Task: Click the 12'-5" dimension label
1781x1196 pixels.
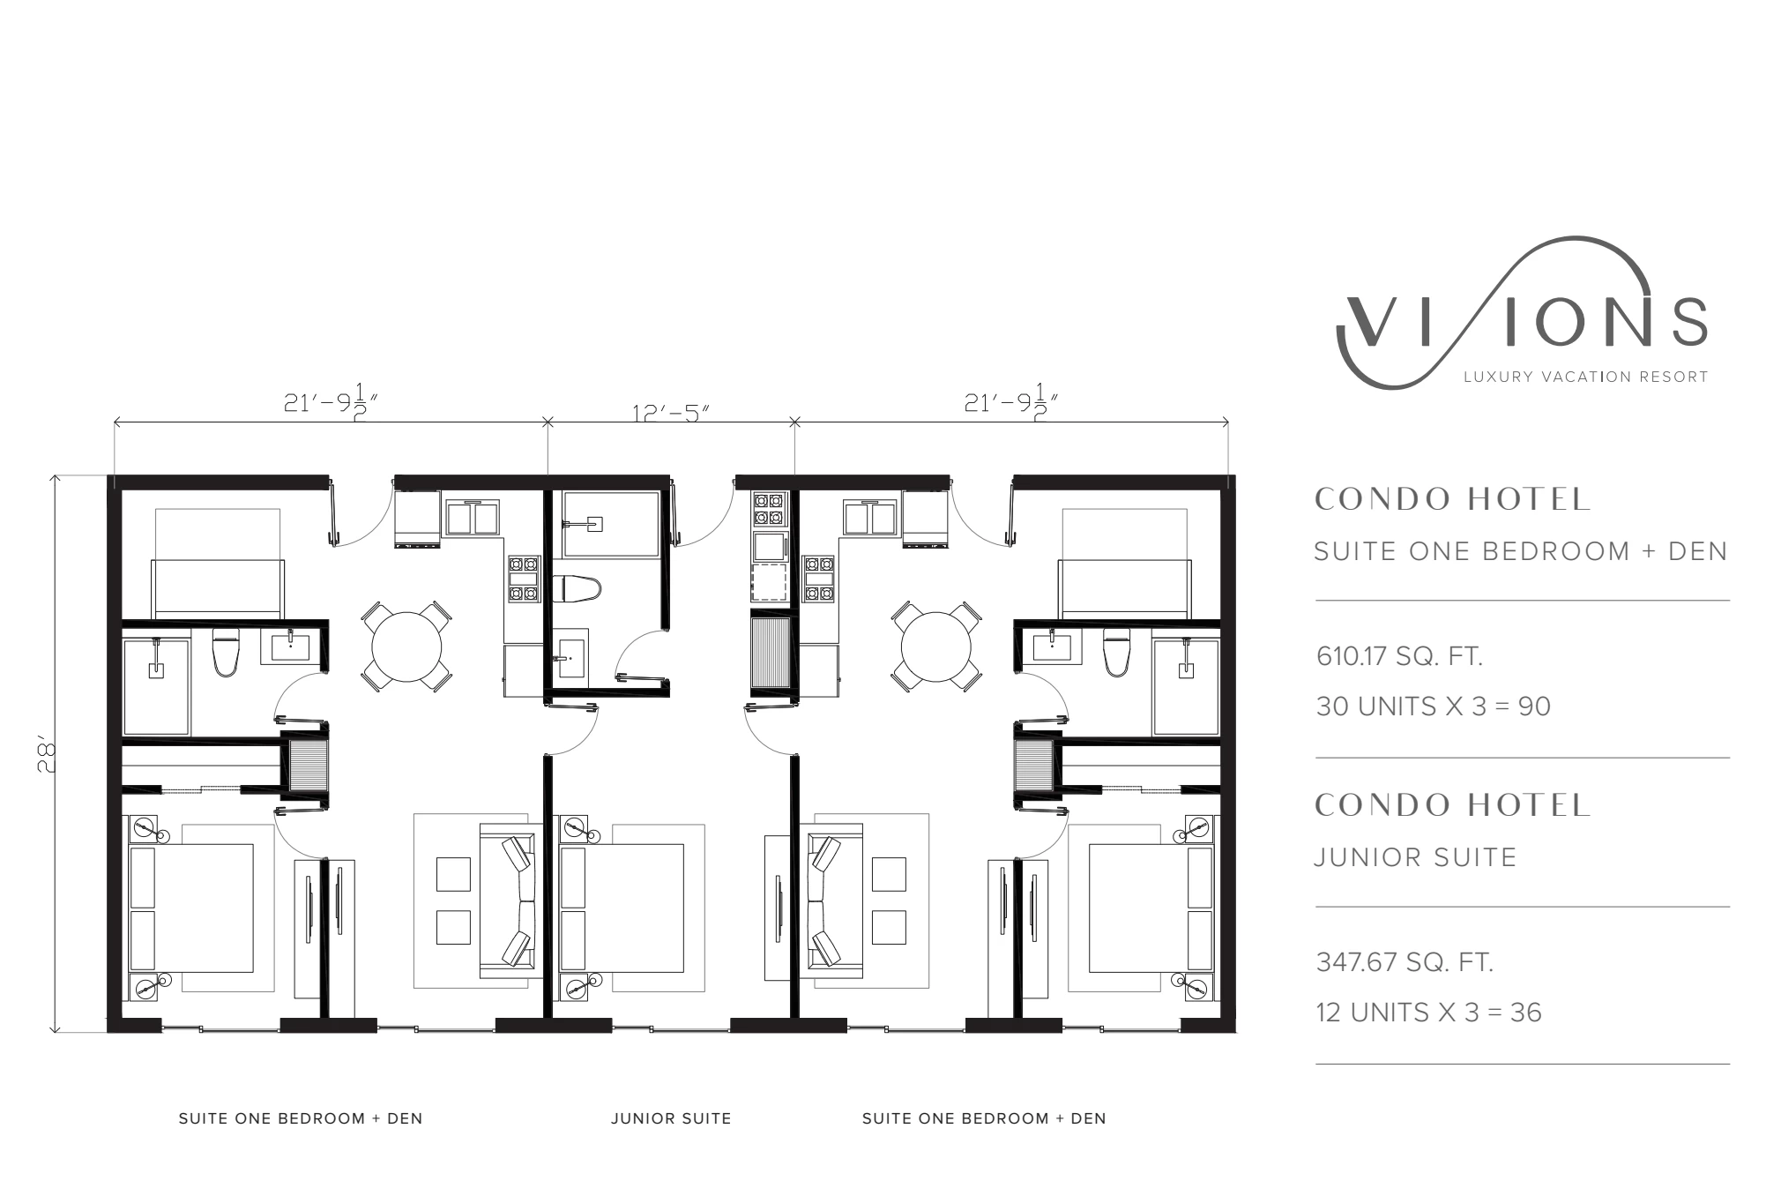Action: click(671, 413)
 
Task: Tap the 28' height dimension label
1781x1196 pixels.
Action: click(47, 756)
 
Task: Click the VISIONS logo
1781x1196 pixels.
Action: click(1522, 313)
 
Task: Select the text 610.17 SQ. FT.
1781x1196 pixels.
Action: click(1399, 656)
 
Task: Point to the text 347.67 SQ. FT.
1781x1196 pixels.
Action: click(1405, 961)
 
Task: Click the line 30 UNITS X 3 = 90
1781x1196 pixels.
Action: click(1433, 706)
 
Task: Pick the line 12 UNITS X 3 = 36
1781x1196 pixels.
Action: click(1428, 1012)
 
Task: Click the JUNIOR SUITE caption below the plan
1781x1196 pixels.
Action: click(671, 1118)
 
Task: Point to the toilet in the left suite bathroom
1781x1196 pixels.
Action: click(226, 654)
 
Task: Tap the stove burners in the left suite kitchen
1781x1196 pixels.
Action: click(523, 579)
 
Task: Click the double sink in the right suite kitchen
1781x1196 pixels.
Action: click(870, 518)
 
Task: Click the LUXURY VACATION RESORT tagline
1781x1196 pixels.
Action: click(1586, 377)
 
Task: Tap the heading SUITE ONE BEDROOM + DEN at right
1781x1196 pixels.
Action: click(1521, 551)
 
